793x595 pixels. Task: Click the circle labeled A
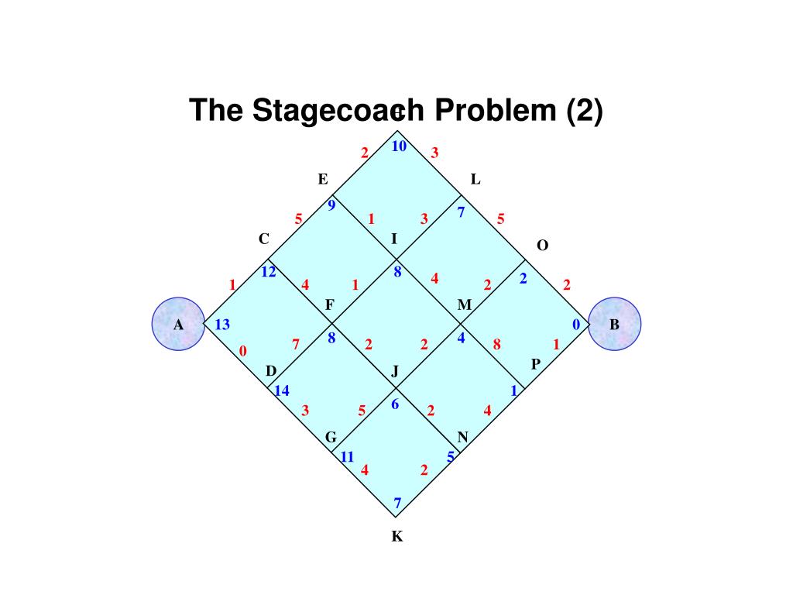point(178,324)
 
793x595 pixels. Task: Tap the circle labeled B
point(615,324)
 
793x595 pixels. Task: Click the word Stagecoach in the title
point(338,111)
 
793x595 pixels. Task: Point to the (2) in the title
point(584,111)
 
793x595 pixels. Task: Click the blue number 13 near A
point(222,325)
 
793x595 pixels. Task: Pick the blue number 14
point(282,390)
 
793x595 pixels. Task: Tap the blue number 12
point(269,272)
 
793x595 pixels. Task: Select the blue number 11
point(347,456)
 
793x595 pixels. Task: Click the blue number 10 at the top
point(399,146)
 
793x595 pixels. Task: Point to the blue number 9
point(331,205)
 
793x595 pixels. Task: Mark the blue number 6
point(395,404)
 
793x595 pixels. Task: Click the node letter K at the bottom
point(397,536)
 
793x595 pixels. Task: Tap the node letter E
point(323,180)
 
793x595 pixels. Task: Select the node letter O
point(542,246)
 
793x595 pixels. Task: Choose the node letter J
point(395,372)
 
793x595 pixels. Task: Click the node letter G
point(331,438)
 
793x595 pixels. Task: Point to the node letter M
point(465,305)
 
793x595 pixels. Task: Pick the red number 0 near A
point(242,351)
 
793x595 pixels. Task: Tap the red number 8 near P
point(497,343)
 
